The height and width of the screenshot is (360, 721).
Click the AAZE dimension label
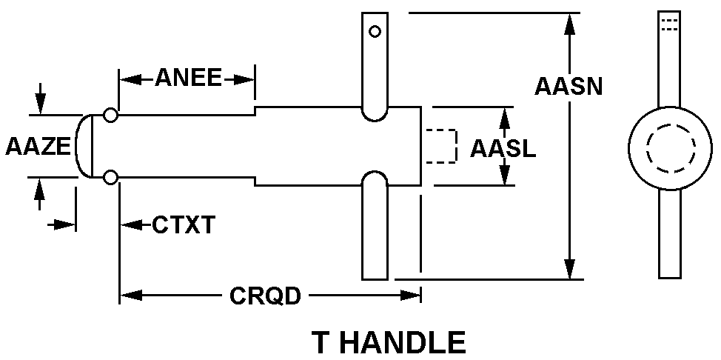pos(38,147)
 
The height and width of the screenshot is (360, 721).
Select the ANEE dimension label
pos(188,78)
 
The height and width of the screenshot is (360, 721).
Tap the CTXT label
pos(184,225)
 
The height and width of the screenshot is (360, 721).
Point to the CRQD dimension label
pos(265,296)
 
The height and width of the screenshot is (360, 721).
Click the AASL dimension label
pos(503,148)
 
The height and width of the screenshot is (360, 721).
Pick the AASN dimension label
pos(569,86)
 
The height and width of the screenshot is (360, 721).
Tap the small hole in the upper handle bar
pos(375,32)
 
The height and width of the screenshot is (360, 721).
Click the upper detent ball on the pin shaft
pos(110,115)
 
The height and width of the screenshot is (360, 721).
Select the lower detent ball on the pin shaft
pos(110,177)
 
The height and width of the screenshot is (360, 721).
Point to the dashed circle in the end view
pos(671,148)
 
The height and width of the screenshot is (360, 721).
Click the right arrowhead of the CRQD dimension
pos(410,296)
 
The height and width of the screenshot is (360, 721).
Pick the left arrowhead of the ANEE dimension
pos(130,79)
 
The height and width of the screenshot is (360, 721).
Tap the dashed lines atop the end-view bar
pos(669,24)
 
